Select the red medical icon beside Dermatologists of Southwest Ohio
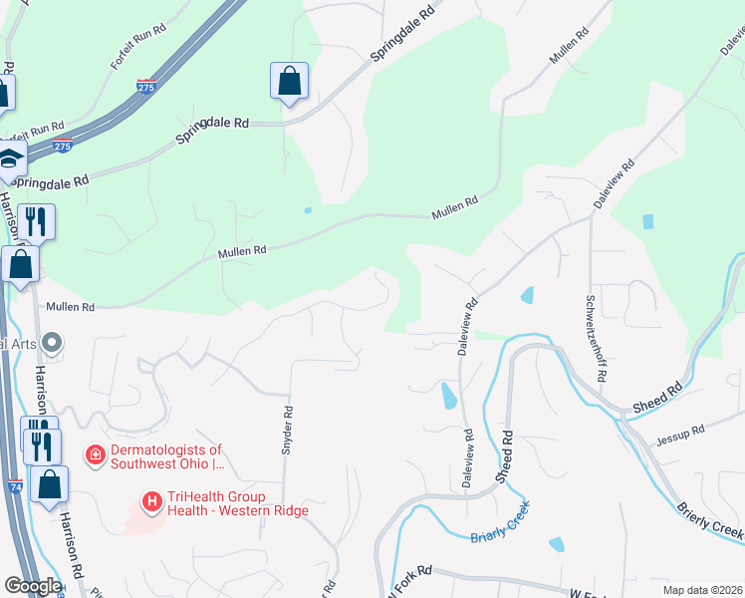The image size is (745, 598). tap(96, 455)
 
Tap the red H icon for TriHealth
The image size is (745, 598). tap(152, 501)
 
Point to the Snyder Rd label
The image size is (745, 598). tap(287, 431)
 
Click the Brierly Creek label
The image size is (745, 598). tap(709, 521)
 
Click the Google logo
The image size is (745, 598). tap(32, 586)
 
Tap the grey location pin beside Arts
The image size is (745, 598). tap(54, 343)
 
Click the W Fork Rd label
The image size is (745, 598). tap(410, 573)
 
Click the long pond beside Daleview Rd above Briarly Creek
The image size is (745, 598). tap(449, 397)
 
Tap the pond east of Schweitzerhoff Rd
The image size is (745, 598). tap(649, 221)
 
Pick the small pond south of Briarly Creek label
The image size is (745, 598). tap(556, 544)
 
